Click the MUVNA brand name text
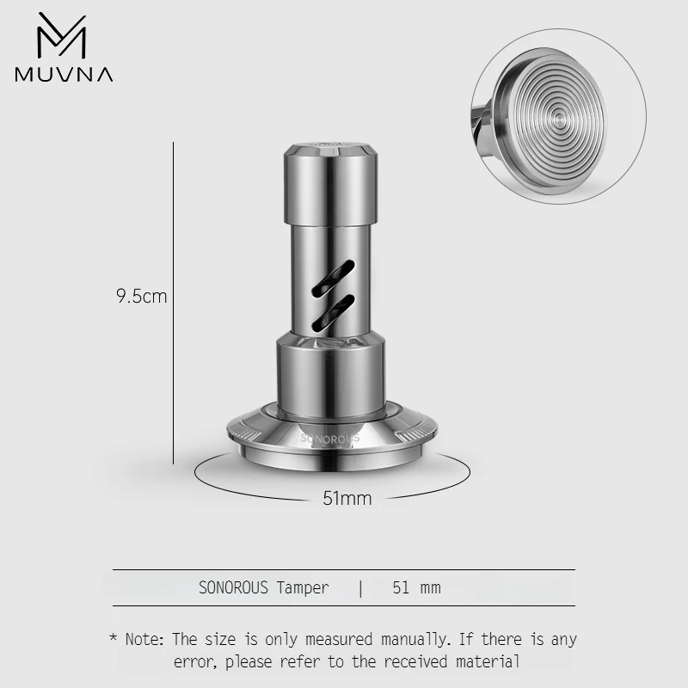64,74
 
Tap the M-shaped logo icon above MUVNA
63,37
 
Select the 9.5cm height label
141,298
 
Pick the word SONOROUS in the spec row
235,588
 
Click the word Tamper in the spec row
302,588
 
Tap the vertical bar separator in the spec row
361,588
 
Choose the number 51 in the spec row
401,588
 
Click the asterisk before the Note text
113,640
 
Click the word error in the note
193,662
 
